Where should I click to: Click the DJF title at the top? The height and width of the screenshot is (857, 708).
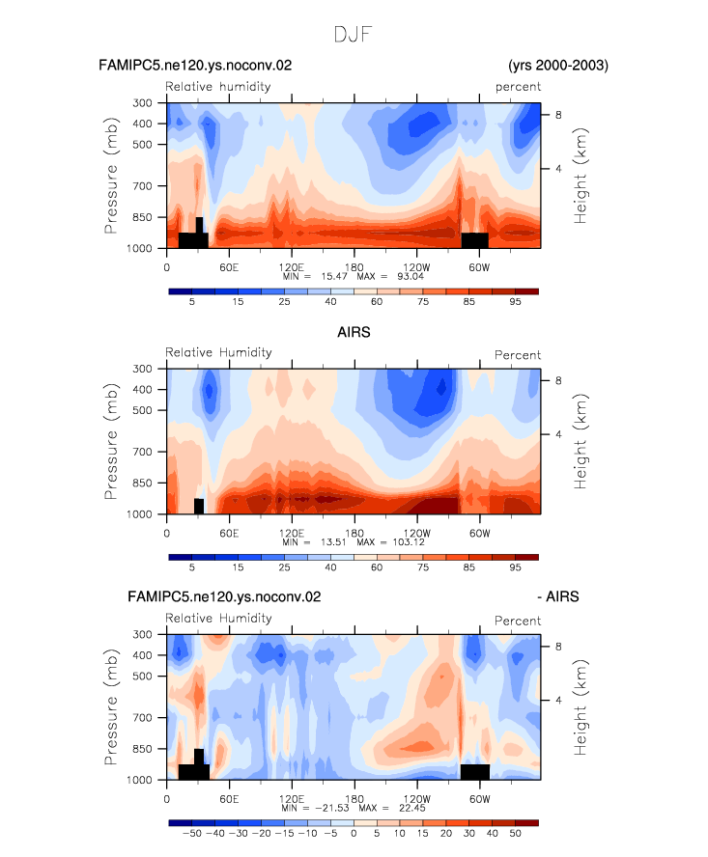pyautogui.click(x=354, y=35)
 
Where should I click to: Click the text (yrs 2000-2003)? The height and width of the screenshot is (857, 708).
pyautogui.click(x=558, y=66)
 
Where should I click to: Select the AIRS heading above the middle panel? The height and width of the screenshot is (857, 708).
pyautogui.click(x=354, y=332)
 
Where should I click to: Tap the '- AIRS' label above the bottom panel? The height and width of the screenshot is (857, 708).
pyautogui.click(x=558, y=596)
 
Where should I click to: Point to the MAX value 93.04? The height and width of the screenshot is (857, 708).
pyautogui.click(x=411, y=277)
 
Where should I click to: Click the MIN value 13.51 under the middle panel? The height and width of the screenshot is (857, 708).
pyautogui.click(x=334, y=542)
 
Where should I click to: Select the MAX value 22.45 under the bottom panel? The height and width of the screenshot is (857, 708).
pyautogui.click(x=412, y=808)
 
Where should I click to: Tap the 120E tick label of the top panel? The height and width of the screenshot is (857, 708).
pyautogui.click(x=291, y=267)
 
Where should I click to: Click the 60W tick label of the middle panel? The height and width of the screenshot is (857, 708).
pyautogui.click(x=479, y=533)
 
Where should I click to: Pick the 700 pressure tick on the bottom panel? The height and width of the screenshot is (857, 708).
pyautogui.click(x=143, y=718)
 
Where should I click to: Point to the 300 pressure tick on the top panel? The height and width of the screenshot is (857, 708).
pyautogui.click(x=142, y=102)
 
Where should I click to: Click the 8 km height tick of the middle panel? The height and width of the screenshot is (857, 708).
pyautogui.click(x=558, y=380)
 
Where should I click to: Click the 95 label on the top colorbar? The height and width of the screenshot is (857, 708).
pyautogui.click(x=516, y=302)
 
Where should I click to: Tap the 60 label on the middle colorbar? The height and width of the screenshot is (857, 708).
pyautogui.click(x=377, y=567)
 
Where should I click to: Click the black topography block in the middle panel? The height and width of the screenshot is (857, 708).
pyautogui.click(x=199, y=506)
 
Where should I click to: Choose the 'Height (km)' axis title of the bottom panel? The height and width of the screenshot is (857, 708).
pyautogui.click(x=580, y=707)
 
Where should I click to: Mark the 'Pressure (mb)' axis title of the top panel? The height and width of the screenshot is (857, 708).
pyautogui.click(x=110, y=176)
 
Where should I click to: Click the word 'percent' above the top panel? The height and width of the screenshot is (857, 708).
pyautogui.click(x=518, y=87)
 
